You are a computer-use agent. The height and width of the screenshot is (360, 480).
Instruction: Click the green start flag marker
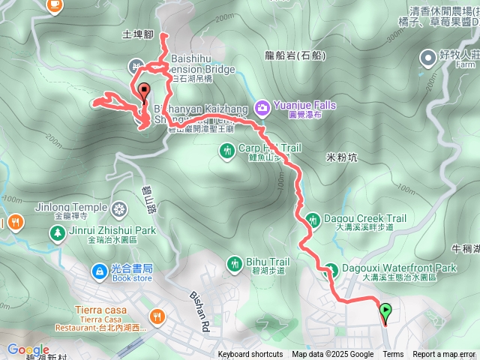[x=385, y=310]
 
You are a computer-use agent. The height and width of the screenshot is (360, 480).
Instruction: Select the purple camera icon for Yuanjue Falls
[x=262, y=109]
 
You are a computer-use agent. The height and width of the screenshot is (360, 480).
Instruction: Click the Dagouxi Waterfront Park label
[x=399, y=268]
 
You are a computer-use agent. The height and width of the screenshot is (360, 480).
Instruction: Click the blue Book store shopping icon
[x=99, y=270]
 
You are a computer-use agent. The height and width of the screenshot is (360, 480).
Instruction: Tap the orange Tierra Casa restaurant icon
[x=157, y=316]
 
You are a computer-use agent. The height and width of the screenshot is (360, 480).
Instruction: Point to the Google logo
[x=28, y=349]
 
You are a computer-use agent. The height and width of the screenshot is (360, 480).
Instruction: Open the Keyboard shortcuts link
[x=250, y=355]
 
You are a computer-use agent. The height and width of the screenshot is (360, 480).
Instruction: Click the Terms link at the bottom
[x=393, y=355]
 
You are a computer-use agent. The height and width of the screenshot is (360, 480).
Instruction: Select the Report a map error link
[x=444, y=355]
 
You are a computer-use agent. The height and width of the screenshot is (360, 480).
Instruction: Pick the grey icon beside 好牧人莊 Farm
[x=427, y=56]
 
